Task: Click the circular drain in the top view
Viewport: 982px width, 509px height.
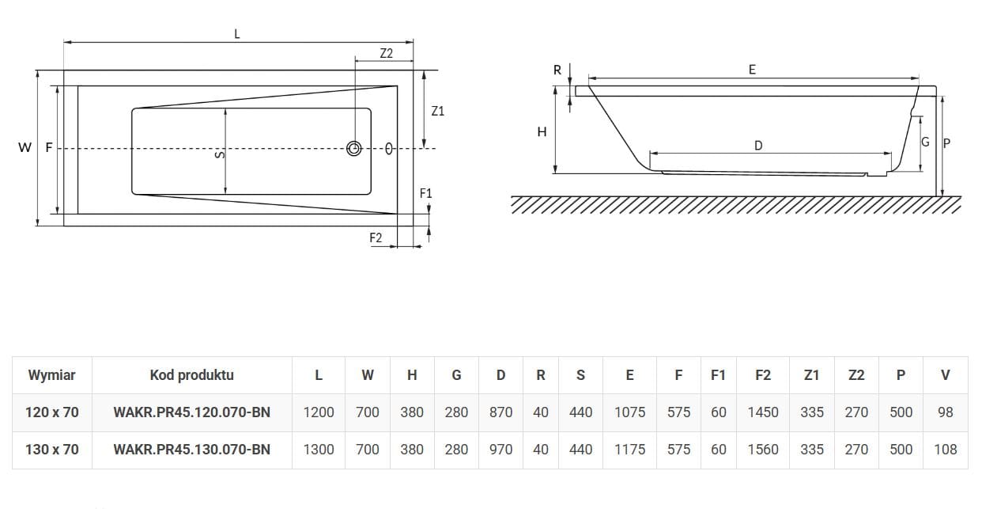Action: pyautogui.click(x=354, y=148)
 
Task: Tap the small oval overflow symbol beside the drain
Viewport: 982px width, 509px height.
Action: pyautogui.click(x=389, y=149)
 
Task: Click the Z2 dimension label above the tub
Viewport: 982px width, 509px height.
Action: pyautogui.click(x=386, y=53)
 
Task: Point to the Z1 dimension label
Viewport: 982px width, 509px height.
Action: pyautogui.click(x=437, y=111)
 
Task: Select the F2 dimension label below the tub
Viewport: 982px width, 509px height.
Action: pyautogui.click(x=376, y=237)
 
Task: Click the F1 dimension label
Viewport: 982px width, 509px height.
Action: pyautogui.click(x=425, y=193)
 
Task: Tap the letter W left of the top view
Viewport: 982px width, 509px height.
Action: pyautogui.click(x=25, y=147)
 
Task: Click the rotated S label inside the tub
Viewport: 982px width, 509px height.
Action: pyautogui.click(x=220, y=155)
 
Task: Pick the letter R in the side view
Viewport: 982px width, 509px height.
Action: pyautogui.click(x=557, y=70)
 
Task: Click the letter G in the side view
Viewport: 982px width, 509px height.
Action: pyautogui.click(x=925, y=142)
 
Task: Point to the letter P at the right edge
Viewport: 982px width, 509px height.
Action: pyautogui.click(x=946, y=143)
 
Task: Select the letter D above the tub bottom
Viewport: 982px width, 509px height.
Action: pyautogui.click(x=758, y=145)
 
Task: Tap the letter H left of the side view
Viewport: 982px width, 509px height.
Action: pyautogui.click(x=542, y=131)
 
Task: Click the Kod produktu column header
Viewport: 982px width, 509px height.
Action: pyautogui.click(x=191, y=375)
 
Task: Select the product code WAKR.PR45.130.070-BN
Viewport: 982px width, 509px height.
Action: pyautogui.click(x=191, y=450)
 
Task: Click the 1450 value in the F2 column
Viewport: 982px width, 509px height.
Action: pyautogui.click(x=763, y=412)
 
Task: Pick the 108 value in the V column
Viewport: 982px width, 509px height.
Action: pyautogui.click(x=945, y=450)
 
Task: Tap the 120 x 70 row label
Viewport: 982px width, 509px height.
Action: pyautogui.click(x=51, y=412)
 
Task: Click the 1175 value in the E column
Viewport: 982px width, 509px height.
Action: pyautogui.click(x=629, y=450)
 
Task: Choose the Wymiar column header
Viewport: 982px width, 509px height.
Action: pyautogui.click(x=51, y=375)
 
